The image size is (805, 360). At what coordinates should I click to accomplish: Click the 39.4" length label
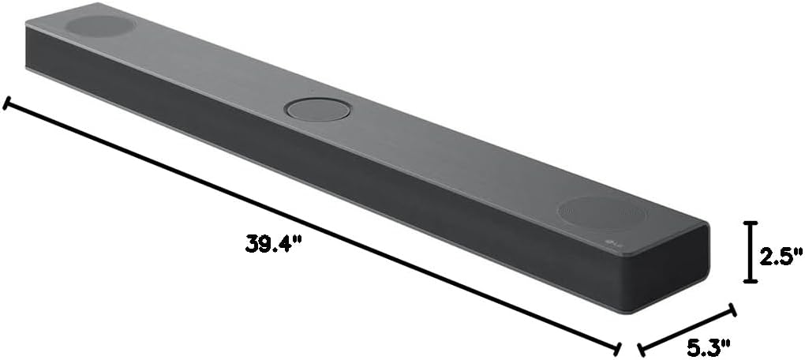274,244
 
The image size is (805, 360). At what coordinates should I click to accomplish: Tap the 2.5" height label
781,254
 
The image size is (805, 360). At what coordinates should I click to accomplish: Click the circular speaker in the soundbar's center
317,109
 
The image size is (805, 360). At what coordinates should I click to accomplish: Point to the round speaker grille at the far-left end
99,25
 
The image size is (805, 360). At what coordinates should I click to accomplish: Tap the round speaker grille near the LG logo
602,212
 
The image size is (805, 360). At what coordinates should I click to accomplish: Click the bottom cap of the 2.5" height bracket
750,279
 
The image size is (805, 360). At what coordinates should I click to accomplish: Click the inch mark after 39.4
300,240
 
